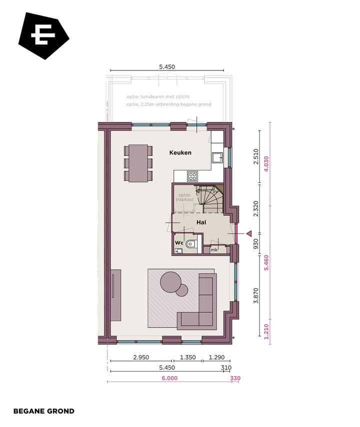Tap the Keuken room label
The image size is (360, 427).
[180, 152]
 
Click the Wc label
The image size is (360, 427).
[178, 243]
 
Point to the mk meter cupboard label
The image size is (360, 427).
[213, 249]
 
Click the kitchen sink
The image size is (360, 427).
[217, 158]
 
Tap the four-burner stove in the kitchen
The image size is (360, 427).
[192, 176]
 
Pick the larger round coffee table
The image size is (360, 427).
[170, 281]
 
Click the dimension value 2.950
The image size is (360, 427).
[140, 357]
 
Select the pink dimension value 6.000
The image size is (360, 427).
[169, 378]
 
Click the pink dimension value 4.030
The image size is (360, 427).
[266, 163]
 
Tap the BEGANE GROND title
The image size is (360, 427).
[44, 411]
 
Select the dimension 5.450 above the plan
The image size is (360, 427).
[166, 66]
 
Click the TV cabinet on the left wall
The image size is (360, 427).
[115, 295]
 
